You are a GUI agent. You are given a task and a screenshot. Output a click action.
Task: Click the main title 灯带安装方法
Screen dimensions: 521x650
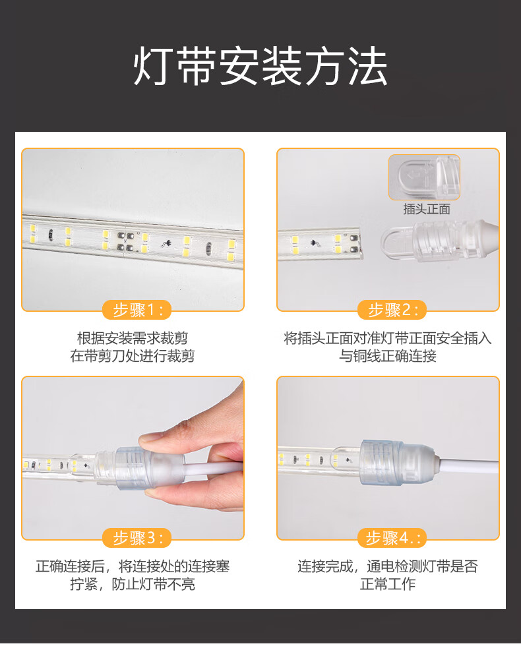click(260, 67)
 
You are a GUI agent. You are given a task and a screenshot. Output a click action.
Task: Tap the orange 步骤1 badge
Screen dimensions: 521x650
click(137, 310)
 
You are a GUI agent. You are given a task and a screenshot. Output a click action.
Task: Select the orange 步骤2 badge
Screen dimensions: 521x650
click(392, 310)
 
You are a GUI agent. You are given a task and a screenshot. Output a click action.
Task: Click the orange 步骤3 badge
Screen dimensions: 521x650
click(137, 538)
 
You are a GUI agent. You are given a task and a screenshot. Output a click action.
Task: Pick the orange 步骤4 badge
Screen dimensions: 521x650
click(392, 538)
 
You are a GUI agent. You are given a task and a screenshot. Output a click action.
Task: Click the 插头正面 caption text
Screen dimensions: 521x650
click(427, 209)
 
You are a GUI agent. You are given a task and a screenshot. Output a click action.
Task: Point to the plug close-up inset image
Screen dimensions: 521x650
click(424, 177)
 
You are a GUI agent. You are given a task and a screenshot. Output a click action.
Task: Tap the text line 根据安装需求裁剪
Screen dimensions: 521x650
click(133, 338)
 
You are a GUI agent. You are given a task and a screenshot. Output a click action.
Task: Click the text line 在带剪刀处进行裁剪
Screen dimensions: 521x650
click(133, 356)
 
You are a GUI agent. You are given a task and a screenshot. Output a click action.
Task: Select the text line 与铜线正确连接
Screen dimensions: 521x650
click(388, 356)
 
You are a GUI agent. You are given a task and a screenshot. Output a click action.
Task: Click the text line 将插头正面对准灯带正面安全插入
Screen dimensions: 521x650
click(388, 338)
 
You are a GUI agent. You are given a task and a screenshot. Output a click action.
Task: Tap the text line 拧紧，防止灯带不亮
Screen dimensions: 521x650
click(133, 584)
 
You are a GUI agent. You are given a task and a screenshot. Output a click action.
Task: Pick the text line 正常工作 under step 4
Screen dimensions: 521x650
click(388, 584)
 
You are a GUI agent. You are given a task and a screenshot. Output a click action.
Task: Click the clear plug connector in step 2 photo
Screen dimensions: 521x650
click(439, 242)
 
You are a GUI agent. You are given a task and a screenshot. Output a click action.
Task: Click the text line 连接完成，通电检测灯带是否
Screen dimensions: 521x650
click(388, 566)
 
